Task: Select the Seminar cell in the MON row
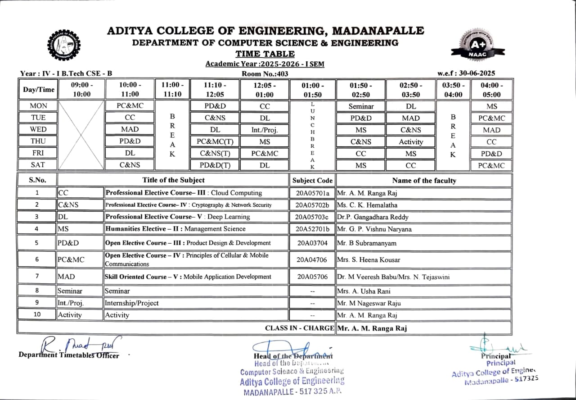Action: point(361,106)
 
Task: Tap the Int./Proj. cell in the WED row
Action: point(265,130)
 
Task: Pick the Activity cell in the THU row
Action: point(410,141)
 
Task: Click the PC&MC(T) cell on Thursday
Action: point(214,141)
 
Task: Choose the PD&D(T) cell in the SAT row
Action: point(214,165)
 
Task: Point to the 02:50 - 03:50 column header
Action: point(410,90)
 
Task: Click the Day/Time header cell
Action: point(38,90)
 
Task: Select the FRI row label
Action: point(38,153)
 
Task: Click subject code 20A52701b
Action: point(312,229)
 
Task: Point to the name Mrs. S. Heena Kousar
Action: point(369,260)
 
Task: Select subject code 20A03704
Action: point(312,243)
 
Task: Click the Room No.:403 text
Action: point(265,73)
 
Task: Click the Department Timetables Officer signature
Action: point(81,346)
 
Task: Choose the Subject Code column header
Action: point(312,181)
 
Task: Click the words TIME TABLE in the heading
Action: point(265,54)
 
